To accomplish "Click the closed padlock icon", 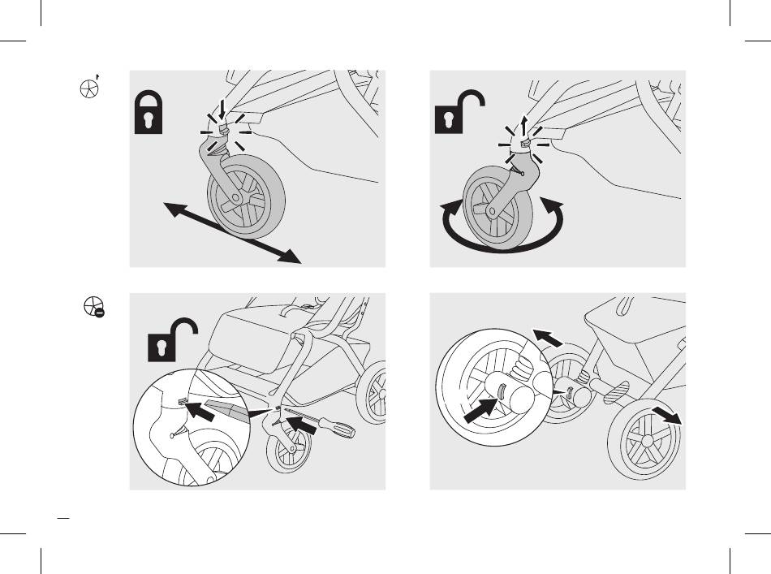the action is [149, 114].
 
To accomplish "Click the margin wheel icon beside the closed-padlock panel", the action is [89, 88].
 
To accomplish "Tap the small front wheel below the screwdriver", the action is [288, 447].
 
